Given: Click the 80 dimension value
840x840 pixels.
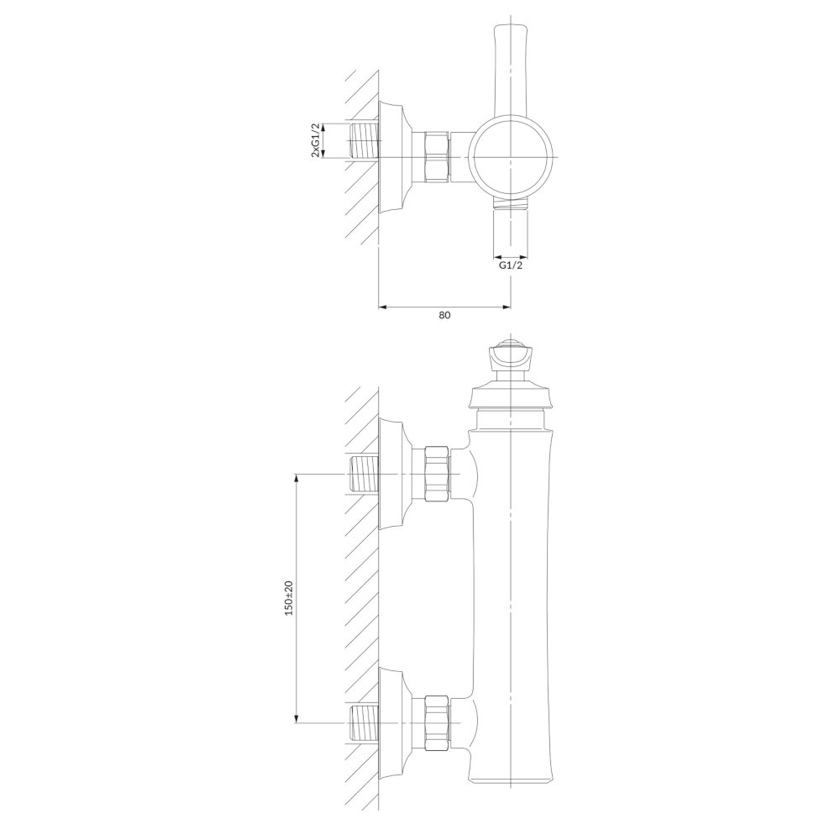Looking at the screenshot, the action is [444, 315].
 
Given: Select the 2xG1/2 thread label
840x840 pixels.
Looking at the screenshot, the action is [316, 140].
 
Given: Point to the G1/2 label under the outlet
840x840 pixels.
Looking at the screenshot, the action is [511, 265].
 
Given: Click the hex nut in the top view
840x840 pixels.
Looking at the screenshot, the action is [437, 158].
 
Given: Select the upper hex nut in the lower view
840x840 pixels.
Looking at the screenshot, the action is [437, 474].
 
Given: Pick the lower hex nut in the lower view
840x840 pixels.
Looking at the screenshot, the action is [437, 722].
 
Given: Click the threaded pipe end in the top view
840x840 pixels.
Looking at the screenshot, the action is [364, 141].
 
